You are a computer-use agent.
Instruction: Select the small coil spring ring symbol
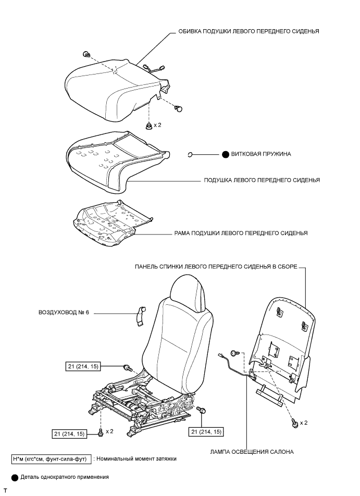(191, 154)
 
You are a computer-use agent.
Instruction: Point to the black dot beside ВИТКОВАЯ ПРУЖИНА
(226, 154)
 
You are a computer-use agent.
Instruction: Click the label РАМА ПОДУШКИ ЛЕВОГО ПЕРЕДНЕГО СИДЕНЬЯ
(240, 233)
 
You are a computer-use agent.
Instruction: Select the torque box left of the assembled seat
(83, 366)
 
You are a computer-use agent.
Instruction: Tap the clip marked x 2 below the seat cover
(149, 126)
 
